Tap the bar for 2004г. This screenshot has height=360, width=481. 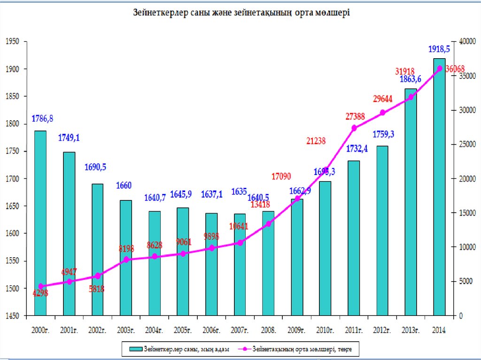click(155, 263)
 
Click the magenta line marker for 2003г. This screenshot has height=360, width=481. click(126, 259)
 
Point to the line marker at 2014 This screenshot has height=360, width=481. click(440, 69)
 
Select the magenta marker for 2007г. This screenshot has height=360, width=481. click(240, 243)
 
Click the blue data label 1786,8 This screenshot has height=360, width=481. click(42, 118)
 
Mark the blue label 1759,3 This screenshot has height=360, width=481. click(383, 135)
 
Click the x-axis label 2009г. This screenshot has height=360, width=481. click(296, 330)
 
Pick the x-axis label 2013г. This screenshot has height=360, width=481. click(411, 330)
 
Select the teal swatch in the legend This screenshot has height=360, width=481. click(135, 349)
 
